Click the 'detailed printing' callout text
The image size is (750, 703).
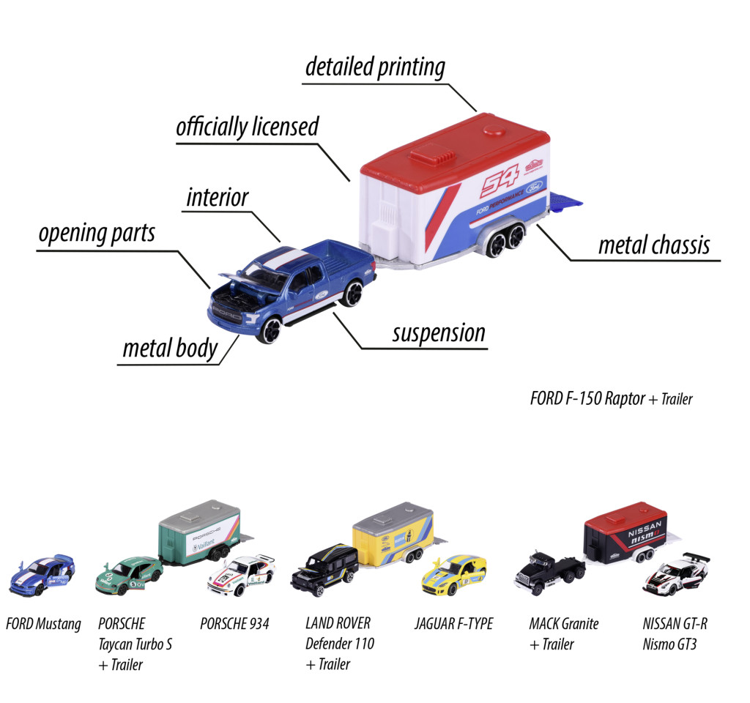click(375, 67)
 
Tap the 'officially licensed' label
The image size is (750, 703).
click(248, 127)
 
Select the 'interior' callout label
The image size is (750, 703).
click(218, 198)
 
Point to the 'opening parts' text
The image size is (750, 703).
click(97, 234)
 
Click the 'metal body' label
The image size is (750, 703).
click(170, 348)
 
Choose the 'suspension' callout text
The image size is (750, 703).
click(439, 333)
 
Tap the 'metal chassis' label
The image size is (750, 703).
click(654, 245)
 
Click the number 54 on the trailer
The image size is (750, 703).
click(500, 180)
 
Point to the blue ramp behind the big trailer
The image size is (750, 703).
click(565, 201)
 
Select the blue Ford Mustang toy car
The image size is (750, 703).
click(42, 575)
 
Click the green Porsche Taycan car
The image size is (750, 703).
click(129, 576)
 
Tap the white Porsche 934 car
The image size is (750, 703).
click(242, 576)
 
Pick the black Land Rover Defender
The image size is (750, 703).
click(324, 570)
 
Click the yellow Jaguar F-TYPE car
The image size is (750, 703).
click(454, 576)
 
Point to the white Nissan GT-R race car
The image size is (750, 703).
click(676, 574)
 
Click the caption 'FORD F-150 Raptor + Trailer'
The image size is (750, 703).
click(611, 398)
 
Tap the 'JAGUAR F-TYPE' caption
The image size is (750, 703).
click(453, 624)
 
